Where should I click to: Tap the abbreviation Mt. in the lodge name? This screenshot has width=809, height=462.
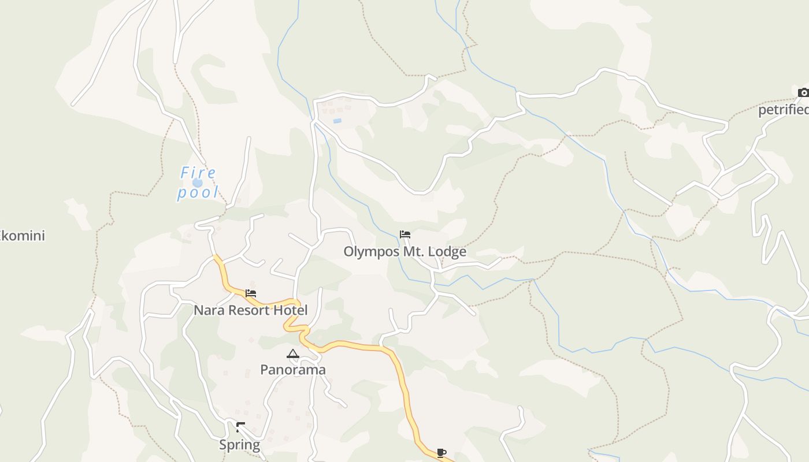[x=411, y=252]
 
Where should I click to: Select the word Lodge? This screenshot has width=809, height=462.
[x=446, y=252]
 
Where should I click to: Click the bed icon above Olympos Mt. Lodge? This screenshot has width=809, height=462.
[x=405, y=234]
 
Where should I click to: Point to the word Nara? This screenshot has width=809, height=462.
[x=209, y=310]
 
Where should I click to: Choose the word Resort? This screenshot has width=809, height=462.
[x=249, y=310]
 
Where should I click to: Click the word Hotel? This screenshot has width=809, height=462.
[x=290, y=310]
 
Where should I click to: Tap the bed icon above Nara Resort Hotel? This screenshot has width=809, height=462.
[x=251, y=293]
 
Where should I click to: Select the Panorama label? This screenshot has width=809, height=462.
[x=293, y=370]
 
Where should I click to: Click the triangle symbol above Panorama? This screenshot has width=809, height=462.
[x=293, y=353]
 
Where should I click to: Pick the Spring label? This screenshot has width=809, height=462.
[x=239, y=445]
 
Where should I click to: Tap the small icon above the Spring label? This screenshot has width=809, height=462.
[x=240, y=427]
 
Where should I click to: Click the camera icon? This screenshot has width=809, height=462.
[x=803, y=92]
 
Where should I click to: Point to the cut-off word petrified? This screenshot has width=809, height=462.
[x=783, y=110]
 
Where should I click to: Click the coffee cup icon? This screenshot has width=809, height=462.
[x=441, y=453]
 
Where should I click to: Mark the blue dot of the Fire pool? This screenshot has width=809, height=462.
[x=198, y=182]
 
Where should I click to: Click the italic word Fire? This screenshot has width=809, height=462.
[x=198, y=173]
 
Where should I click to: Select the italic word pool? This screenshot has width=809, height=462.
[x=198, y=192]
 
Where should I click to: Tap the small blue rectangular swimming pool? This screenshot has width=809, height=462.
[x=337, y=121]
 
